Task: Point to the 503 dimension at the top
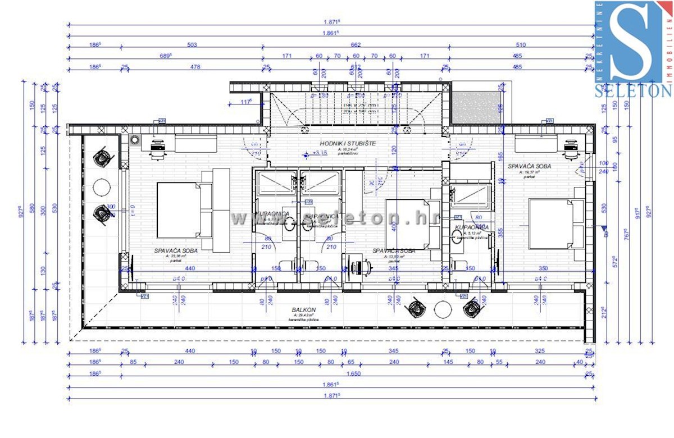193,45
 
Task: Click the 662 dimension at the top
354,45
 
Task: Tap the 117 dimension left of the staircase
245,102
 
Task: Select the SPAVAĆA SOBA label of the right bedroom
529,166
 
